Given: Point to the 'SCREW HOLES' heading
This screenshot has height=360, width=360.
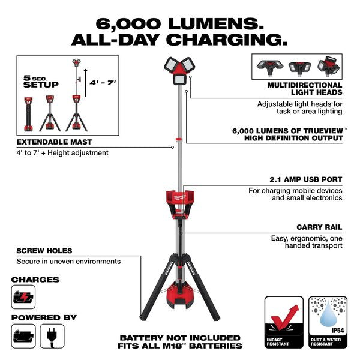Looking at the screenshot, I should coord(44,250).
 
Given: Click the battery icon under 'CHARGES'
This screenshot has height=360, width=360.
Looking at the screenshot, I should coord(23,297).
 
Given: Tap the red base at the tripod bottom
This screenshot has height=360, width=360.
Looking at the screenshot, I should coord(179,296).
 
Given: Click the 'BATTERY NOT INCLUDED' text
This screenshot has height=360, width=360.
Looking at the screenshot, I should coord(180,338).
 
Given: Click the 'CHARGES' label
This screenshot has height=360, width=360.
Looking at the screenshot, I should coord(35,279).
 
